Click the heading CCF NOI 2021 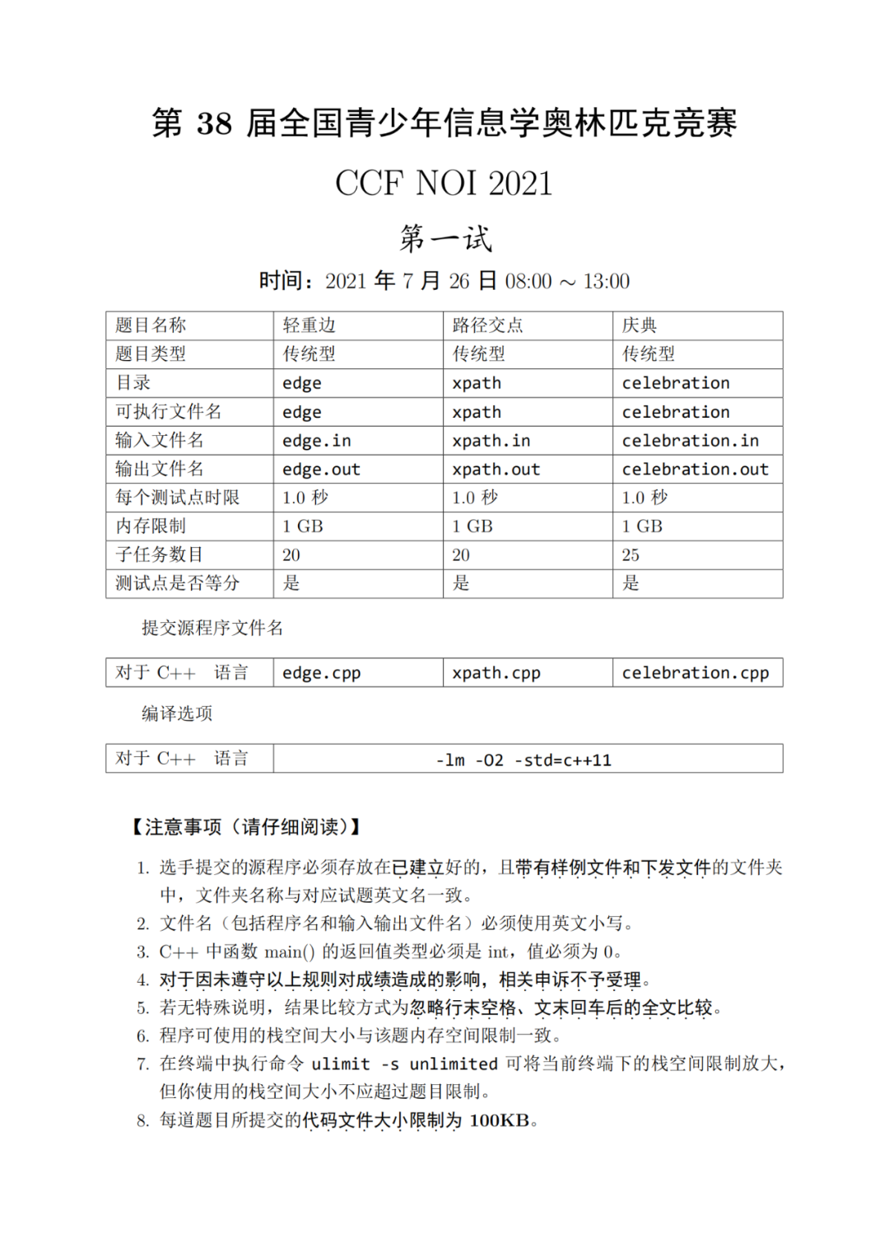(444, 183)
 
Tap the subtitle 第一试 (445, 238)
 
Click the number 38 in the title (214, 124)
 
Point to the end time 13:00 (606, 282)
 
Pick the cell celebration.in (690, 441)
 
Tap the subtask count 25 (631, 555)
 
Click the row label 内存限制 (151, 526)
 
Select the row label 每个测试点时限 (177, 498)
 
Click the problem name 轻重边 (309, 325)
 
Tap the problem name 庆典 (640, 325)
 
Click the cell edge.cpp (321, 673)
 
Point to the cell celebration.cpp (695, 673)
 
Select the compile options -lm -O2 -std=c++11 (524, 760)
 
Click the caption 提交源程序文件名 (212, 628)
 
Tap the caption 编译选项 (176, 713)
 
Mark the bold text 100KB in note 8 (499, 1120)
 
